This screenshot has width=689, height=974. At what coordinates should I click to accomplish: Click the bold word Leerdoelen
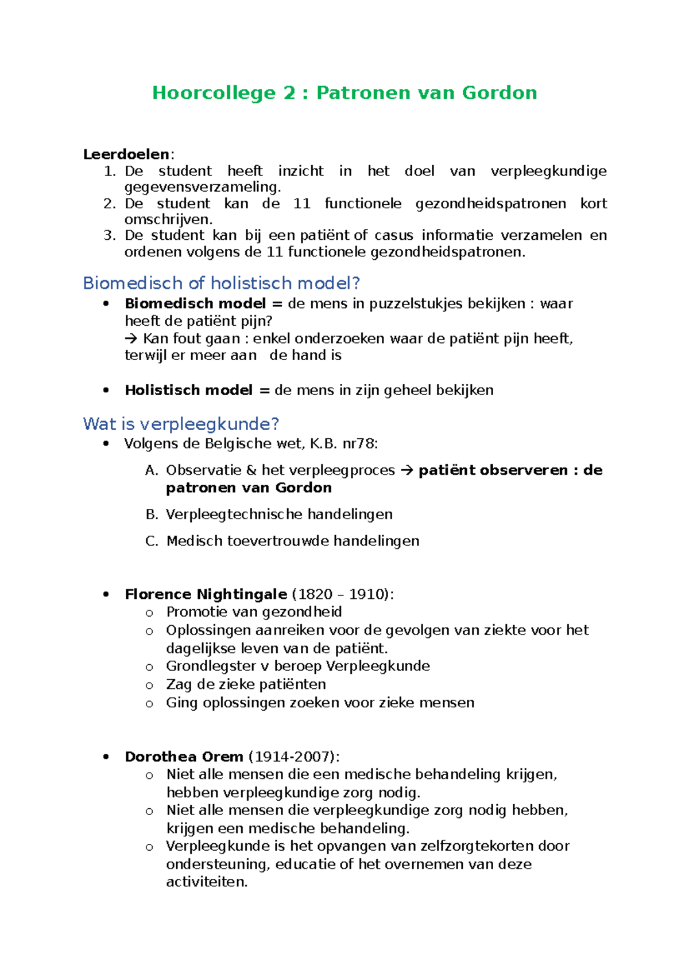pos(126,154)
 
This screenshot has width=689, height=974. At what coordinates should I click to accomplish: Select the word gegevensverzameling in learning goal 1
pos(202,187)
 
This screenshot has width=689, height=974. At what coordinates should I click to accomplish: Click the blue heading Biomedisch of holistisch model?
pos(221,283)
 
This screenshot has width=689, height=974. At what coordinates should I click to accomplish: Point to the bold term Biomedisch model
pos(195,303)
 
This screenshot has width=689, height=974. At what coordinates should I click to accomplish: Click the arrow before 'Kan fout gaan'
pos(131,338)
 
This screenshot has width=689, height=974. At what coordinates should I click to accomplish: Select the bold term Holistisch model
pos(188,390)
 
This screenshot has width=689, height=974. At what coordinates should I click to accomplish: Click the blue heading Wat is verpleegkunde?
pos(181,424)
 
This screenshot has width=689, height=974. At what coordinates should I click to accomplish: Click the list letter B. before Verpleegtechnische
pos(152,515)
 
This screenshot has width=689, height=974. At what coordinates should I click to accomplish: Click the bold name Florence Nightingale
pos(206,594)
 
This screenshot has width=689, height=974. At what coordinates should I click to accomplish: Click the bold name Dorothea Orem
pos(184,757)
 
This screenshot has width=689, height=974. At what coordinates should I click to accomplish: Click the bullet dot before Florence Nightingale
pos(106,594)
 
